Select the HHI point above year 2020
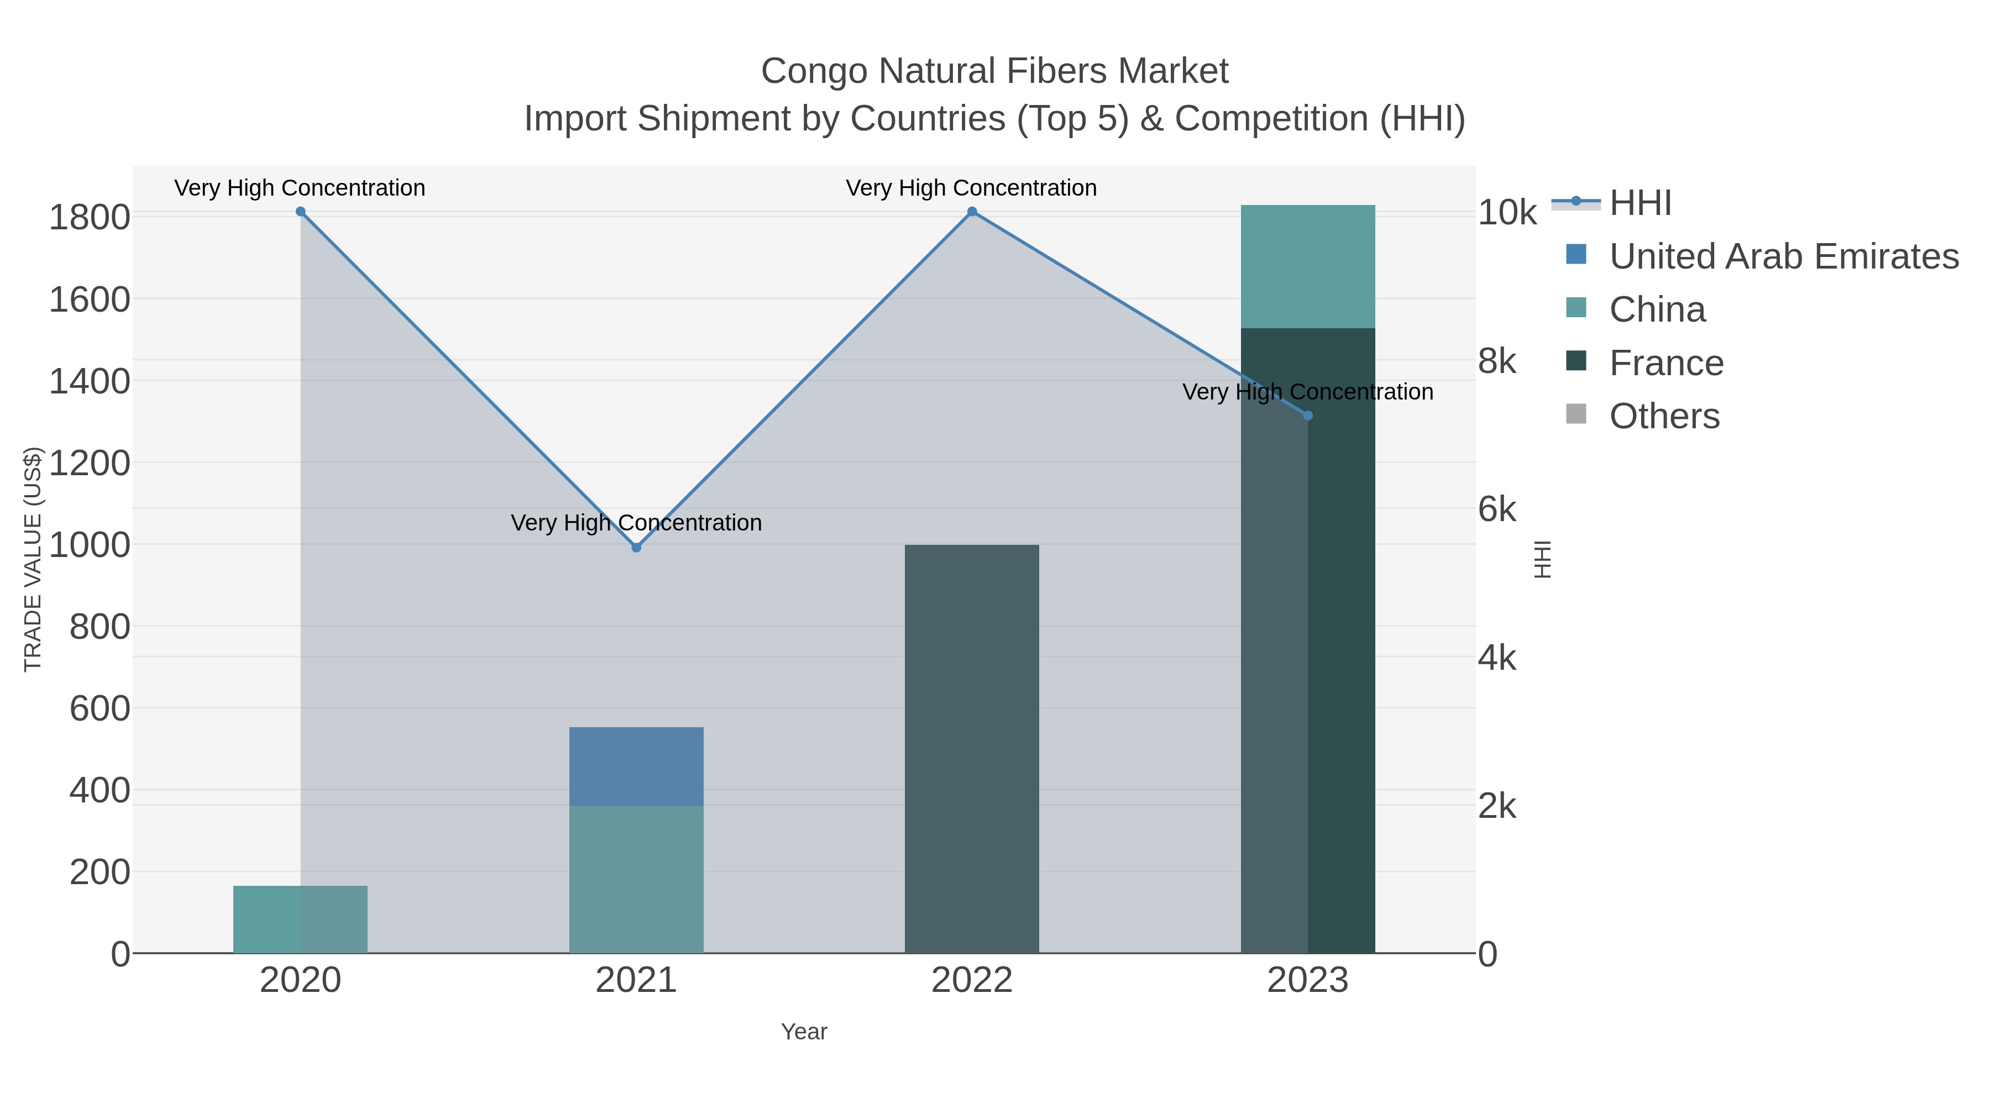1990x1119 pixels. pyautogui.click(x=301, y=212)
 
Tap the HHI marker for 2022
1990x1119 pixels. pyautogui.click(x=972, y=212)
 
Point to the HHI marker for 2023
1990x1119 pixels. pyautogui.click(x=1308, y=416)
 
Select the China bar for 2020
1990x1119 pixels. pyautogui.click(x=301, y=919)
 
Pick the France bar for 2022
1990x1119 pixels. pyautogui.click(x=972, y=749)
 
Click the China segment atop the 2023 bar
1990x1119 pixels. pyautogui.click(x=1308, y=266)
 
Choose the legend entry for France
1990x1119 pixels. pyautogui.click(x=1666, y=363)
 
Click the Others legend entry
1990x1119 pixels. pyautogui.click(x=1664, y=416)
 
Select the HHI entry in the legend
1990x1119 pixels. pyautogui.click(x=1640, y=203)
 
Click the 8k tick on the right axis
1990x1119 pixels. pyautogui.click(x=1497, y=361)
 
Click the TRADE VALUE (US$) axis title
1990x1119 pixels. pyautogui.click(x=33, y=559)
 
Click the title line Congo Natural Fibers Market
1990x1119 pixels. pyautogui.click(x=994, y=71)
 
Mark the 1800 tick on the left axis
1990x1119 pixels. pyautogui.click(x=90, y=218)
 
